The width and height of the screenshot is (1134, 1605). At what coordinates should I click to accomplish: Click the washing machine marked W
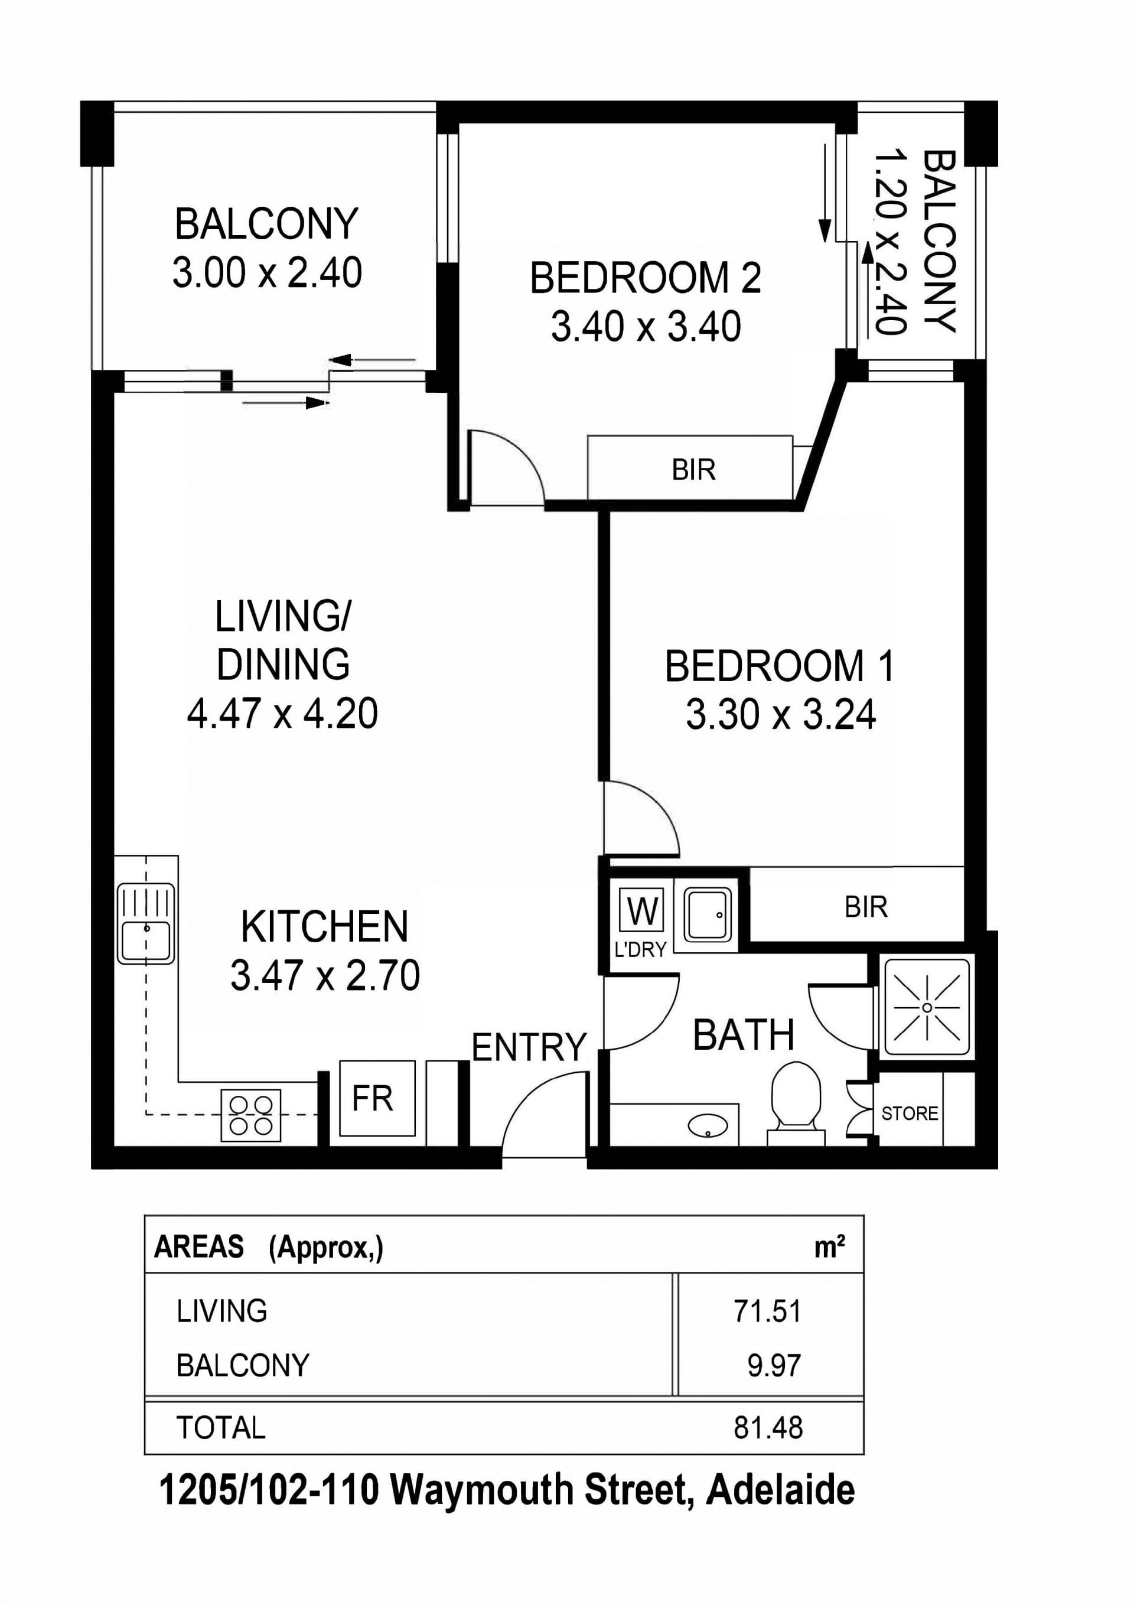click(x=643, y=911)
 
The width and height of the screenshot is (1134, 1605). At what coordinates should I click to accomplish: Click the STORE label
click(x=910, y=1113)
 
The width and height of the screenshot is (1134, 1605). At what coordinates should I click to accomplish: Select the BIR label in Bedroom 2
click(x=693, y=470)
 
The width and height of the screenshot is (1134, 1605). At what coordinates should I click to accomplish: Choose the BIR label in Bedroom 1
click(x=866, y=907)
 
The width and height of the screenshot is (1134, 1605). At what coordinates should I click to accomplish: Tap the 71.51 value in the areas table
click(x=767, y=1311)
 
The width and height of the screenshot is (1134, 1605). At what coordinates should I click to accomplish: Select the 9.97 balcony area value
click(x=774, y=1365)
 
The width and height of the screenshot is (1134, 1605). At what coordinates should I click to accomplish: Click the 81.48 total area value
click(x=768, y=1428)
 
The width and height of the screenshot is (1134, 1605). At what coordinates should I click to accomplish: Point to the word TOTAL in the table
click(x=221, y=1428)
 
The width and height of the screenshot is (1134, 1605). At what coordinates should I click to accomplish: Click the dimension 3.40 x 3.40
click(x=646, y=327)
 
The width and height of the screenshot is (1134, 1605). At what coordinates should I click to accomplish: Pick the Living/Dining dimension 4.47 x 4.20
click(x=282, y=714)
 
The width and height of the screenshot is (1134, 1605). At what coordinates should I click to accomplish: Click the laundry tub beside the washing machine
click(x=708, y=914)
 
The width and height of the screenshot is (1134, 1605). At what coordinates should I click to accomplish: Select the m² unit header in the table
click(x=830, y=1248)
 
